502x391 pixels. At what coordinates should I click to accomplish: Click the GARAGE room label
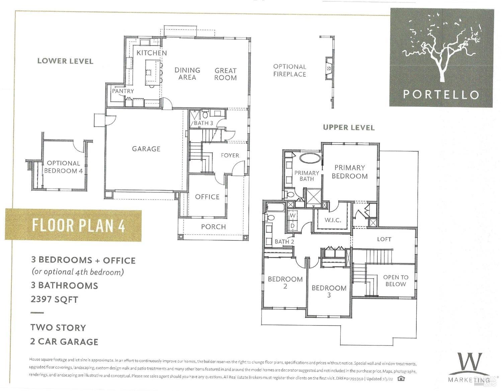(146, 149)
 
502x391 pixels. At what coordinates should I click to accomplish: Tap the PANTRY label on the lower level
(123, 91)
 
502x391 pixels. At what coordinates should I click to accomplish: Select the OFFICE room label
(207, 197)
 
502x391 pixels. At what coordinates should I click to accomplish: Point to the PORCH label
(213, 227)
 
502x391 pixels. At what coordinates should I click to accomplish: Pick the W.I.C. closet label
(333, 220)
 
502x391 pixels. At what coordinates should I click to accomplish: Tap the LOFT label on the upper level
(384, 239)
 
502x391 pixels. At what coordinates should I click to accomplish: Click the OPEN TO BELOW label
(396, 280)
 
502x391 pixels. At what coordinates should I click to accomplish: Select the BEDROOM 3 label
(329, 291)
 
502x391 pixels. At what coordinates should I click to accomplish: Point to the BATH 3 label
(203, 123)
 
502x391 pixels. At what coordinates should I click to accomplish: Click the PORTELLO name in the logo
(441, 94)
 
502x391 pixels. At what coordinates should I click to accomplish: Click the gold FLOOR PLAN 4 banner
(73, 225)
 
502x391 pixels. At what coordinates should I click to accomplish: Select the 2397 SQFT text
(54, 300)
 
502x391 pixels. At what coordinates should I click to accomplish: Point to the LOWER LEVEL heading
(65, 61)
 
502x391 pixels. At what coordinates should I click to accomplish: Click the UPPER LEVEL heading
(349, 127)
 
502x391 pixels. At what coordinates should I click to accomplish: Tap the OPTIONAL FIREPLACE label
(290, 70)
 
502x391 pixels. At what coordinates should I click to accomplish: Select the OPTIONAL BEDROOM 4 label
(64, 167)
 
